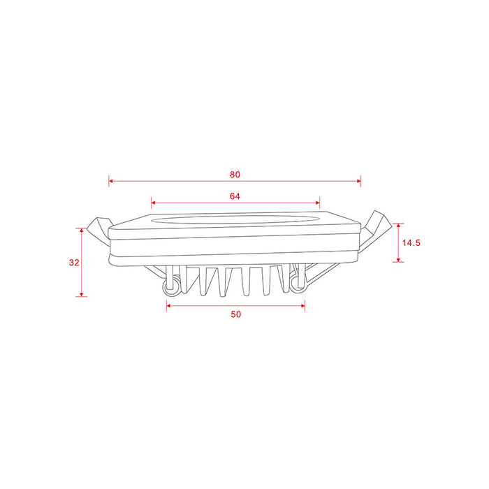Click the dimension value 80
[235, 173]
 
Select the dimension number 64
[235, 196]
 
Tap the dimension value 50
[235, 314]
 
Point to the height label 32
[74, 263]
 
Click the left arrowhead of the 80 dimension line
[111, 182]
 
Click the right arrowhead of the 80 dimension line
[359, 182]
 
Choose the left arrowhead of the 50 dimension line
[169, 305]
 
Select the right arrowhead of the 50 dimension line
[302, 305]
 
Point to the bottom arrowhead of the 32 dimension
[82, 294]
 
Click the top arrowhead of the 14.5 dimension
[398, 226]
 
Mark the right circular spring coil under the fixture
[300, 282]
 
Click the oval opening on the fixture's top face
[235, 218]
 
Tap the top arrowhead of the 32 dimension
[82, 230]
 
